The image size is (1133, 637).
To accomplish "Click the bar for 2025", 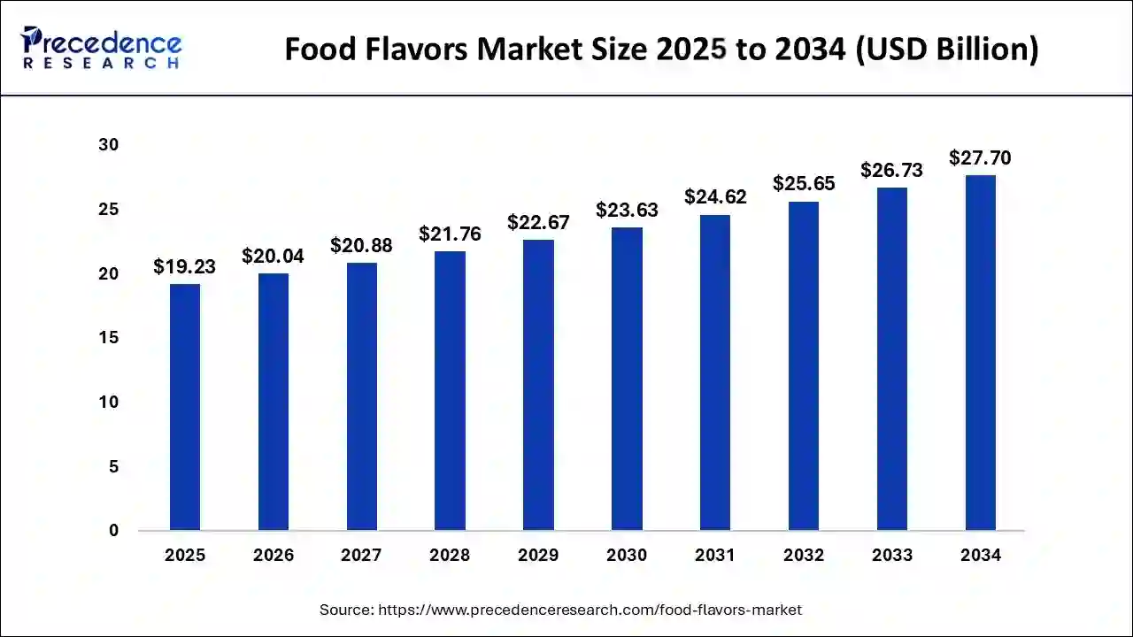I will point(185,407).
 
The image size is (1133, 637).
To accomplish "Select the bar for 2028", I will point(450,390).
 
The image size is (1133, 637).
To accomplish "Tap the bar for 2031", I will point(715,372).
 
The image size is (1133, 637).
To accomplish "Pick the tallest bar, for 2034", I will point(981,353).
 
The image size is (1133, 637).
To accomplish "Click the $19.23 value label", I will point(184,266).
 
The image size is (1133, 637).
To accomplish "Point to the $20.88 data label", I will point(361,245).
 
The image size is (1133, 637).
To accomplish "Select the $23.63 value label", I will point(627,210).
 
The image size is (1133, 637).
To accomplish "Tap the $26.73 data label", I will point(891,170).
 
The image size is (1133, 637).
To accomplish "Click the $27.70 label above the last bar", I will point(980,157).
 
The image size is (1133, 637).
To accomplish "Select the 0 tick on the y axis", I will point(114,531).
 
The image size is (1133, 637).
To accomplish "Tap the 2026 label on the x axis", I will point(273,556).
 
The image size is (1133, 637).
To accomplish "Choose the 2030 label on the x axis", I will point(627,556).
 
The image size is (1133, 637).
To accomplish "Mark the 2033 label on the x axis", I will point(891,556).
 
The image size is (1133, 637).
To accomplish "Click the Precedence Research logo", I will point(101,48).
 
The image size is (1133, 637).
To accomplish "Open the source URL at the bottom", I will point(590,610).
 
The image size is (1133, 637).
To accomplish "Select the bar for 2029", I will point(538,385).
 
